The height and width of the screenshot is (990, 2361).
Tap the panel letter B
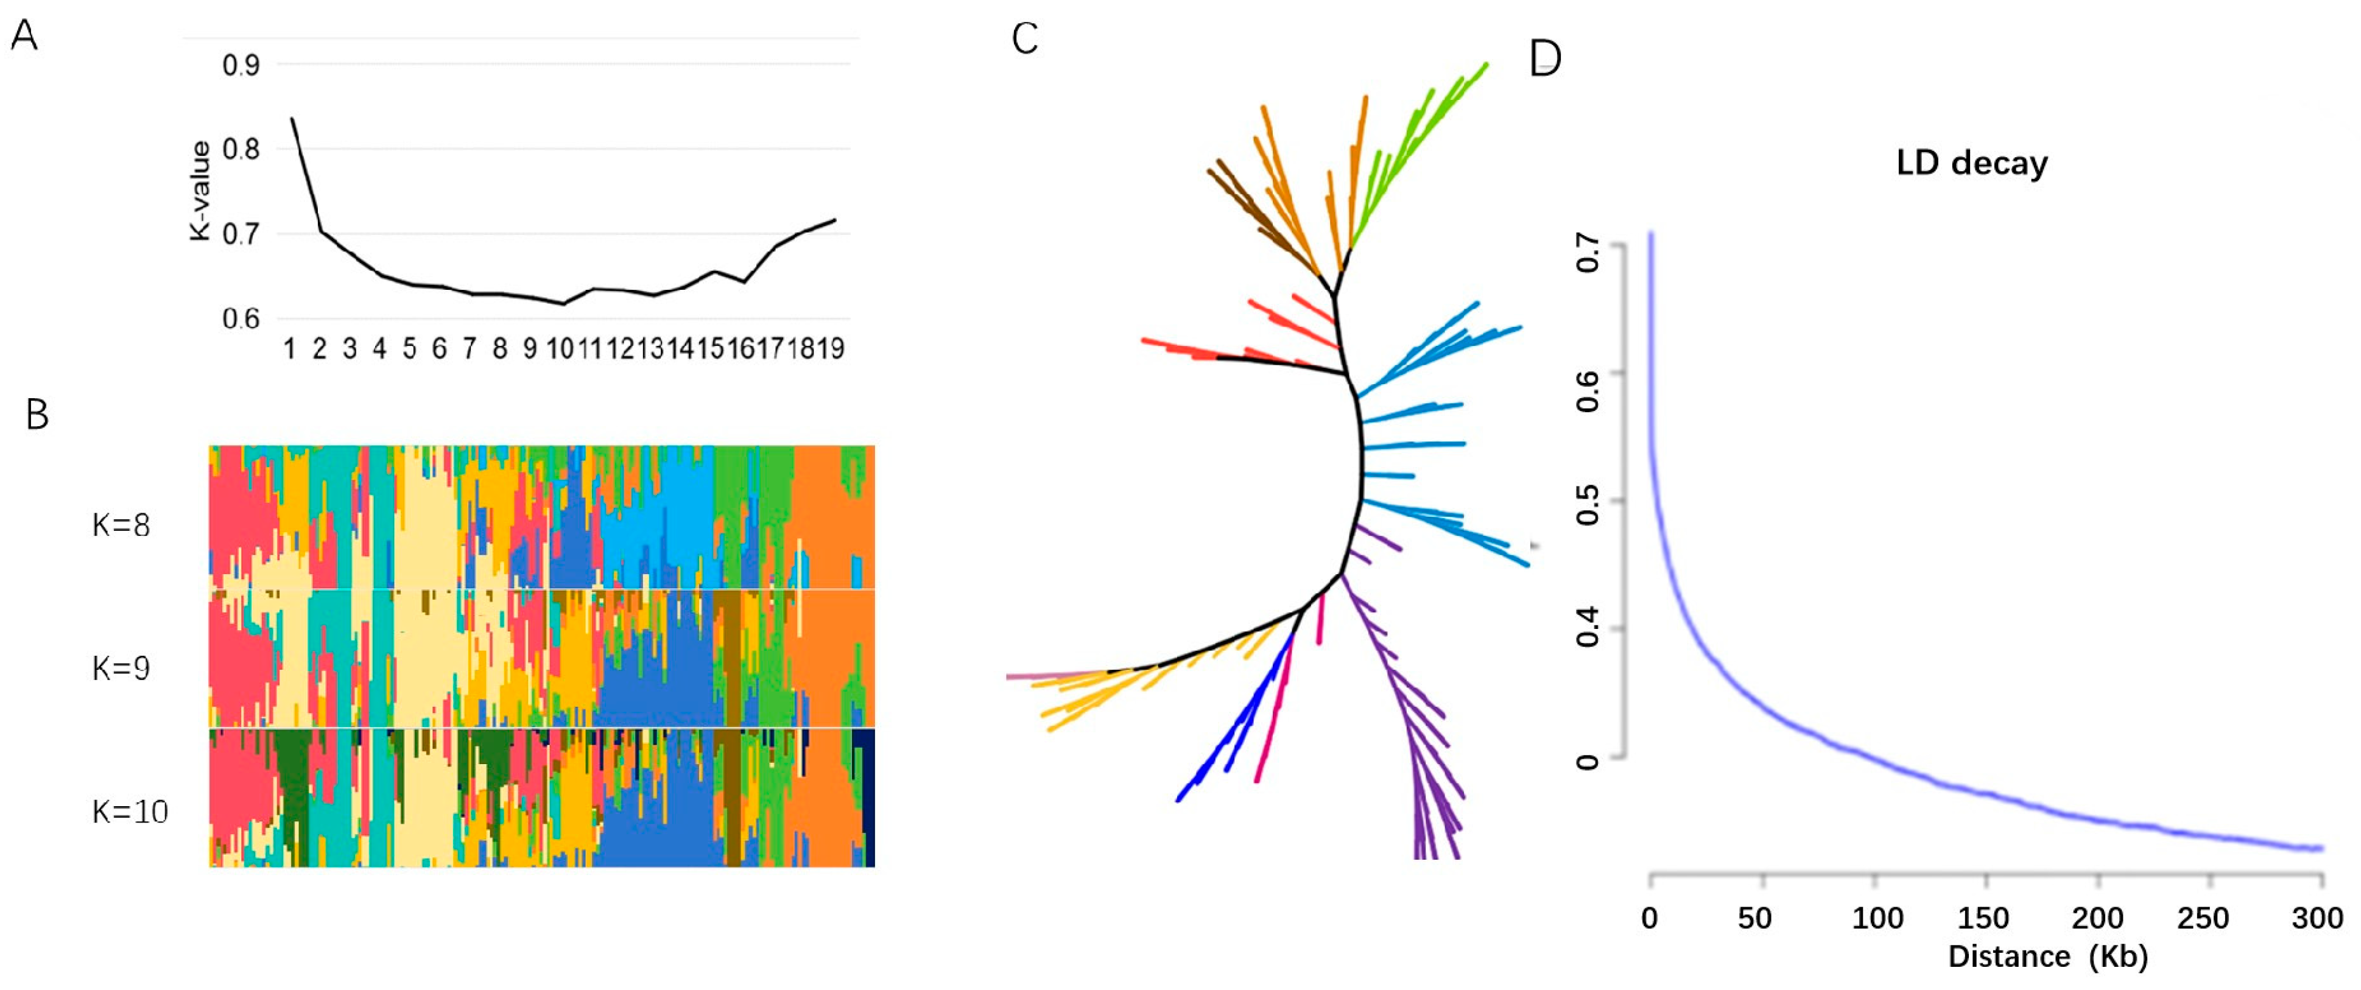37,415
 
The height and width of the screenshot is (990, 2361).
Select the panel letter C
1025,38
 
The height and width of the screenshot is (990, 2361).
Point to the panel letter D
1546,58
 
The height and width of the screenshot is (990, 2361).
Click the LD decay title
1971,163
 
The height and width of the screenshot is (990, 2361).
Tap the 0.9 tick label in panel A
241,66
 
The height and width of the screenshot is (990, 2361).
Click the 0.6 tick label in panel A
241,319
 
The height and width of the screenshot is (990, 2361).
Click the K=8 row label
121,525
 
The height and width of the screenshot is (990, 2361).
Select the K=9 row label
121,669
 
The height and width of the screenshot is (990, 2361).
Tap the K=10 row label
130,811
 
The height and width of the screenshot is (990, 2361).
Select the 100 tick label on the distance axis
1877,918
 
